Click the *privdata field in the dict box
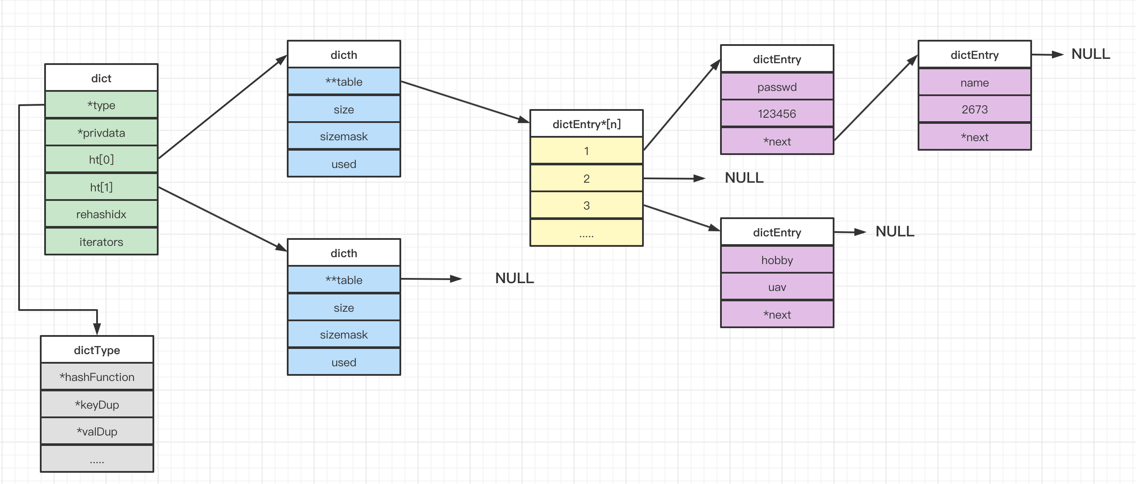tap(101, 132)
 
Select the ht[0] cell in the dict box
tap(101, 159)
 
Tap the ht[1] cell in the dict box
tap(101, 187)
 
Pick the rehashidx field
tap(101, 214)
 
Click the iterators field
tap(101, 242)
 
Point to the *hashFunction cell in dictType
tap(97, 377)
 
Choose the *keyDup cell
tap(97, 404)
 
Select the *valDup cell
tap(97, 431)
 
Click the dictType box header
tap(97, 349)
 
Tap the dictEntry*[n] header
tap(587, 124)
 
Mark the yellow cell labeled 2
tap(587, 178)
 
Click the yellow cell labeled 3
tap(587, 205)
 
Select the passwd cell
tap(777, 87)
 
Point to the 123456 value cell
tap(777, 113)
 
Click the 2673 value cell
tap(974, 109)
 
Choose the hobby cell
tap(777, 260)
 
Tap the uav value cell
tap(777, 287)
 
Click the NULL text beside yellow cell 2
tap(744, 177)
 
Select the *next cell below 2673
tap(974, 137)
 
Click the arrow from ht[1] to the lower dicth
tap(223, 219)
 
